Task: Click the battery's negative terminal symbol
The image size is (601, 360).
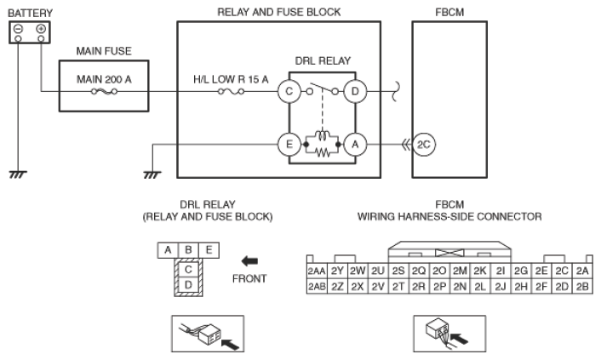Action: tap(19, 29)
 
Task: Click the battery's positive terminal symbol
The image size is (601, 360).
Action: tap(41, 29)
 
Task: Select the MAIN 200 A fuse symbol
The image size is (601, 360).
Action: tap(104, 92)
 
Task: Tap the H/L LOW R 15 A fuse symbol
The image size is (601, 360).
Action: tap(232, 92)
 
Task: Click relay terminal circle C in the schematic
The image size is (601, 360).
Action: tap(289, 92)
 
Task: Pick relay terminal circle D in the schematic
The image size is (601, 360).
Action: tap(355, 92)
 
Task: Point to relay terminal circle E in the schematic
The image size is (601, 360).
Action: tap(289, 145)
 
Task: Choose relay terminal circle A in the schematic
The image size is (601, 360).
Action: tap(355, 145)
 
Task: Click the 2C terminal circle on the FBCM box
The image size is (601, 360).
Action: tap(424, 145)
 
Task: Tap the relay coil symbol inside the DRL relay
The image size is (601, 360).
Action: tap(323, 135)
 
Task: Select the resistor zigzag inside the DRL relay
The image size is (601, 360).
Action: tap(323, 152)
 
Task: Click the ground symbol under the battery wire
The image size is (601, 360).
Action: tap(18, 174)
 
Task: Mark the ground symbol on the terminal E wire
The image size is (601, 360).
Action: tap(152, 174)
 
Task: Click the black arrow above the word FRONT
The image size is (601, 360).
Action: tap(249, 261)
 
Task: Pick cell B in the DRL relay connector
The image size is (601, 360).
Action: tap(188, 250)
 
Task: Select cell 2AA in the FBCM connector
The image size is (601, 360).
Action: tap(317, 271)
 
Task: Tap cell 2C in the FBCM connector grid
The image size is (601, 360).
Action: tap(562, 271)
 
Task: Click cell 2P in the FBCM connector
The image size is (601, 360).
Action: tap(439, 287)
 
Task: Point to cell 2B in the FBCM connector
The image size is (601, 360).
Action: tap(582, 287)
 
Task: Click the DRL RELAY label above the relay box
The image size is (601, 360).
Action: tap(323, 61)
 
